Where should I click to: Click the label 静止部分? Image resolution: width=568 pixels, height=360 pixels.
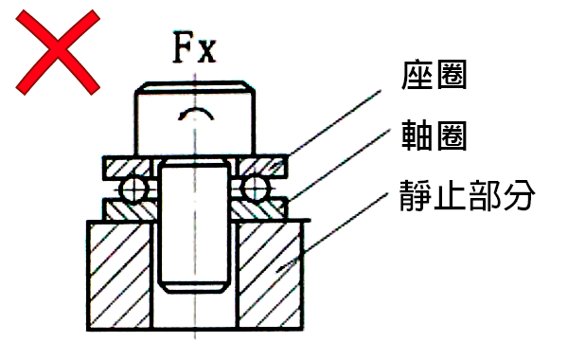pos(465,199)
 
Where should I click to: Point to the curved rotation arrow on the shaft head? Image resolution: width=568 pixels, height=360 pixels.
pos(195,116)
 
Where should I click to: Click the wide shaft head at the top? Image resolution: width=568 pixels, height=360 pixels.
pos(194,118)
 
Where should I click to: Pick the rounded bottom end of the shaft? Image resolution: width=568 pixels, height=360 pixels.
pos(194,280)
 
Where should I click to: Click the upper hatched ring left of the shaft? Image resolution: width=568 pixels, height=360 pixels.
pos(128,168)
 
